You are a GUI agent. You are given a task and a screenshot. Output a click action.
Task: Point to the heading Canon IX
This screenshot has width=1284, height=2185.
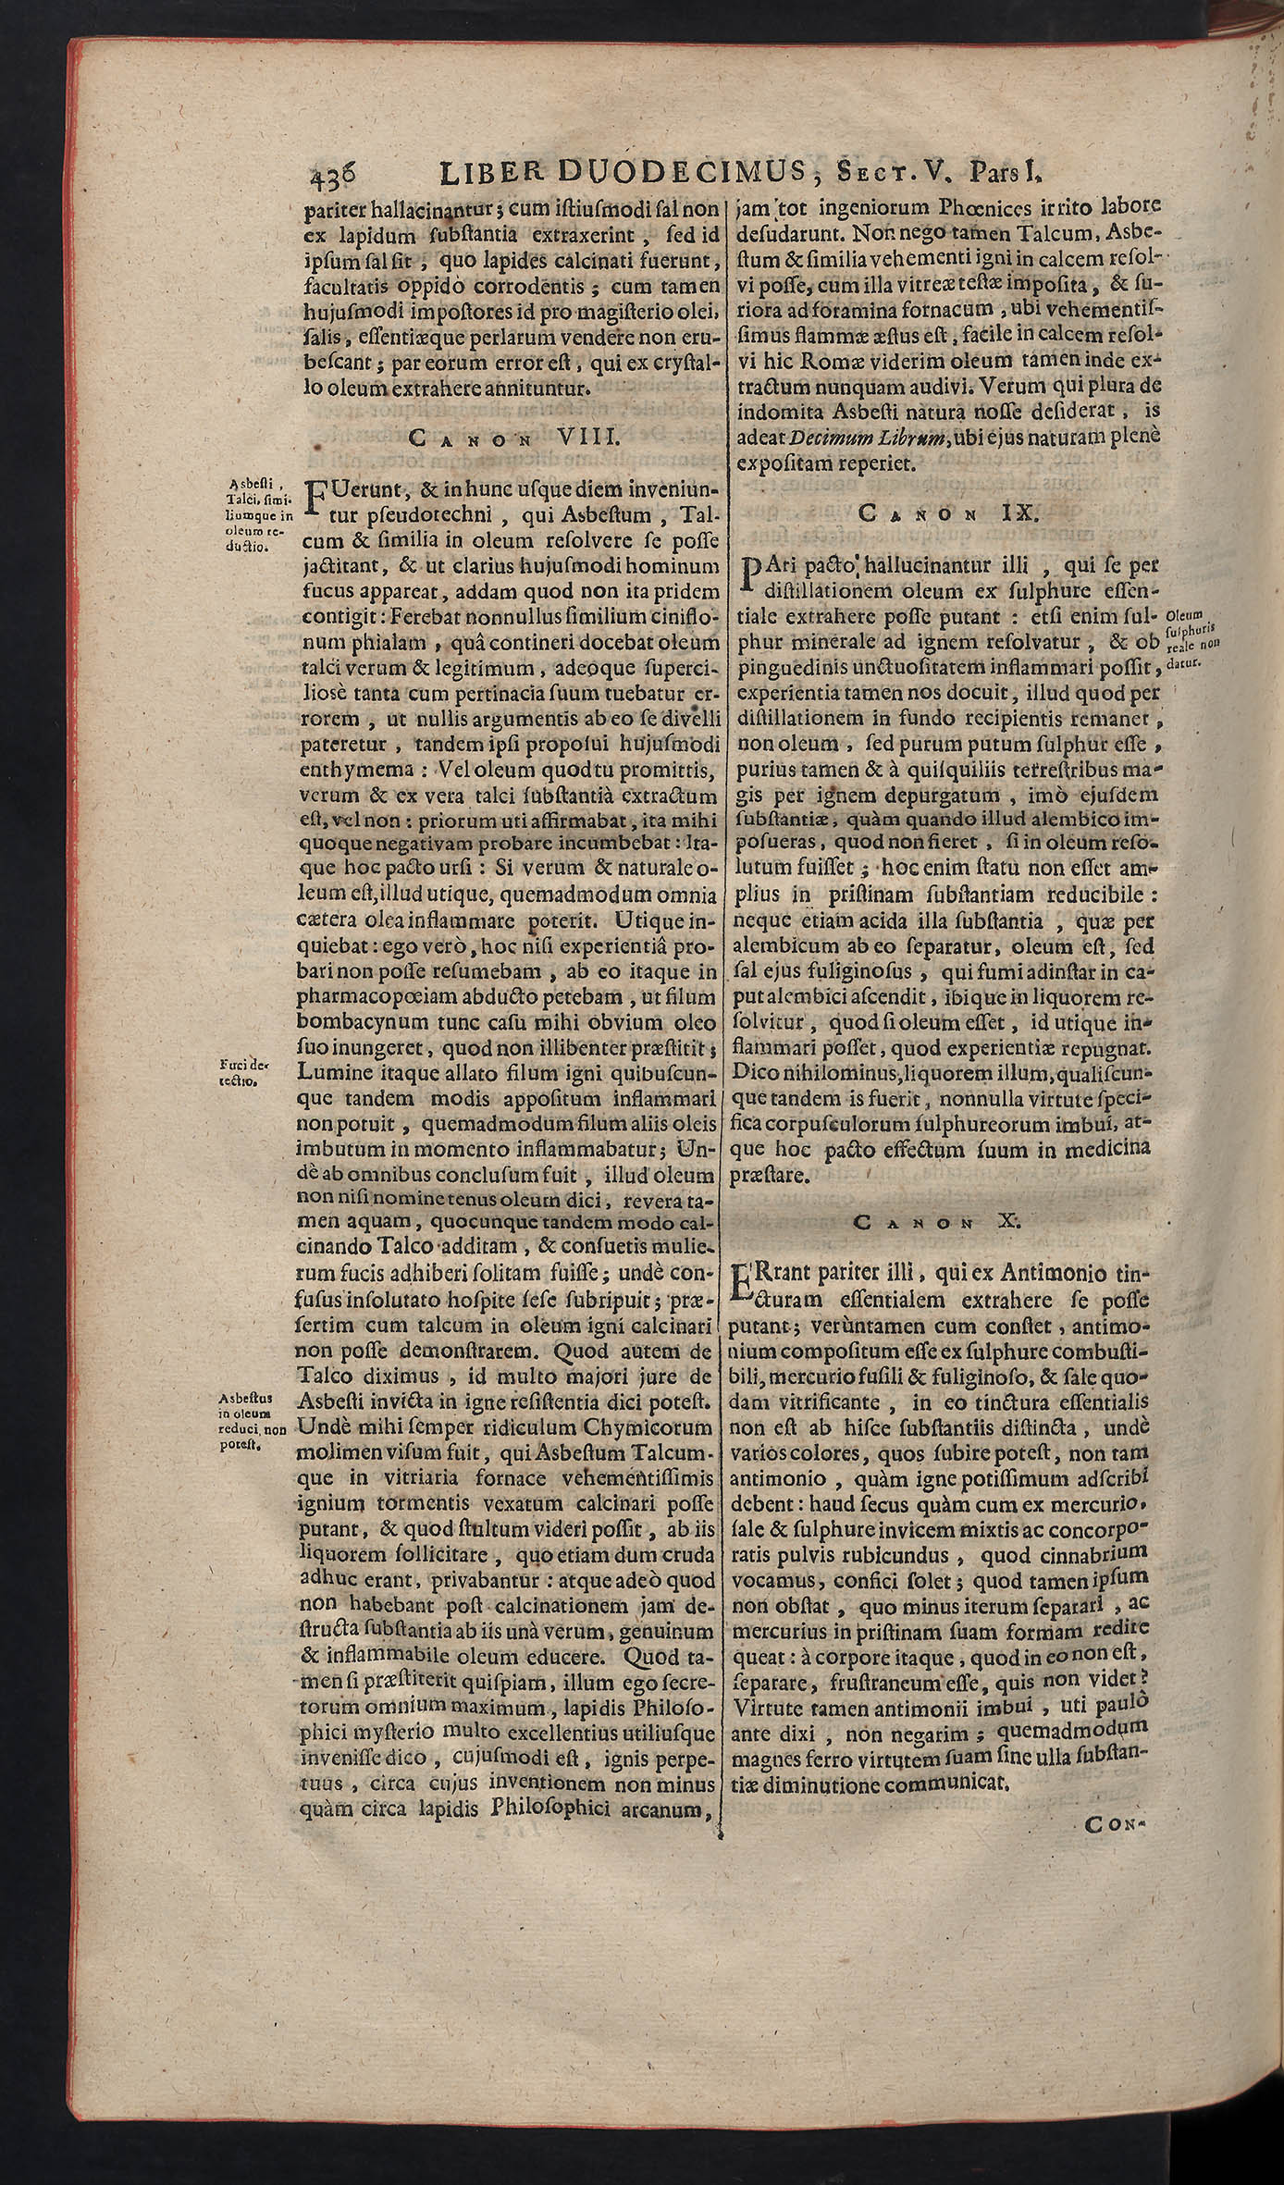click(949, 513)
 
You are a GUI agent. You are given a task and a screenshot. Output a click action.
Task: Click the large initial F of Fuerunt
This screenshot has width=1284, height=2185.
click(315, 498)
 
